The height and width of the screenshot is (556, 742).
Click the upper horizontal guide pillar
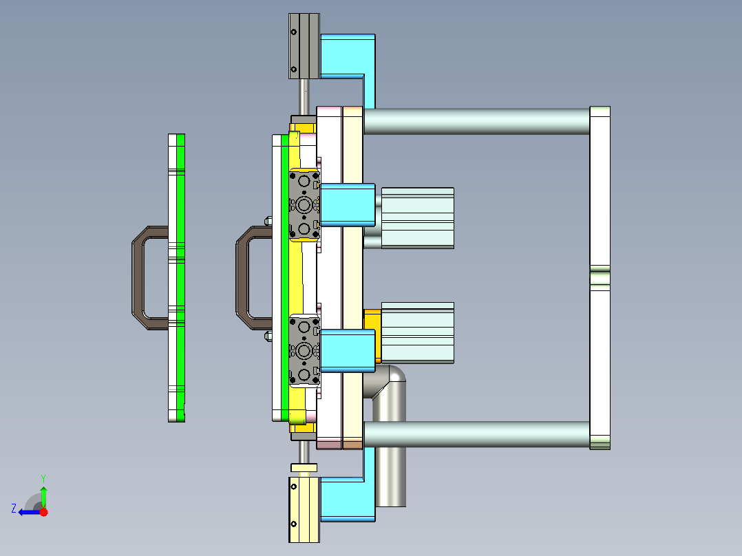coord(475,121)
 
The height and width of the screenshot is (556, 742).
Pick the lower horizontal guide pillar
coord(475,434)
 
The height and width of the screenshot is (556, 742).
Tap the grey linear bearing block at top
coord(304,46)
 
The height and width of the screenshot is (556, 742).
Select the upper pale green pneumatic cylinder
coord(417,217)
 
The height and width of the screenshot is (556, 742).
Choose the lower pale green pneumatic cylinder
coord(417,332)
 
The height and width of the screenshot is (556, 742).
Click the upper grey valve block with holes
coord(304,205)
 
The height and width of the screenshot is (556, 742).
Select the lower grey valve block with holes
coord(304,351)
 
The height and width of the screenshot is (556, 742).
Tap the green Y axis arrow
coord(43,494)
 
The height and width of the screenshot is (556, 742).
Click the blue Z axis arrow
coord(28,512)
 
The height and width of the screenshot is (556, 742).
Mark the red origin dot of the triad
coord(44,512)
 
